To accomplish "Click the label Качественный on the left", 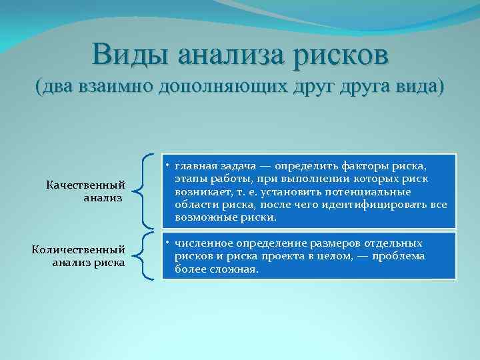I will pyautogui.click(x=85, y=185).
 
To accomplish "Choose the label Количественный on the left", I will pyautogui.click(x=79, y=249).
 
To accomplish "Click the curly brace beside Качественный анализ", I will pyautogui.click(x=143, y=191).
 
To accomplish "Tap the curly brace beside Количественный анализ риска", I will pyautogui.click(x=143, y=255).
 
